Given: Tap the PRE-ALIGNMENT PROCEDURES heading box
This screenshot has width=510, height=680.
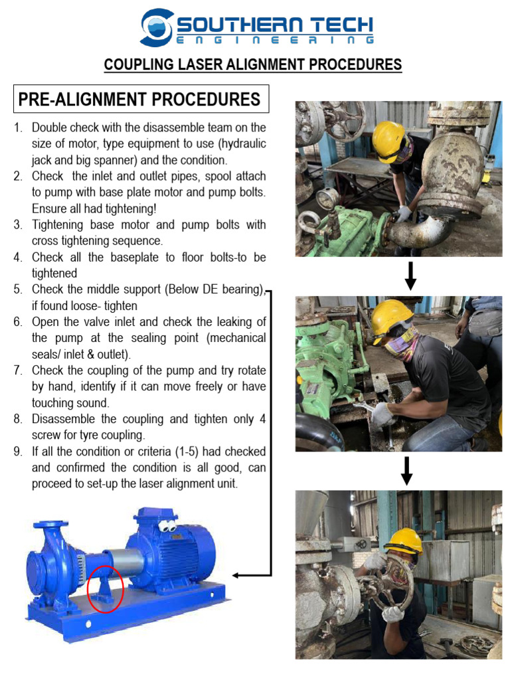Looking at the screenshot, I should coord(139,100).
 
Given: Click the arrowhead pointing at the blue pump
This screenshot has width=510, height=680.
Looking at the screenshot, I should coord(236,575).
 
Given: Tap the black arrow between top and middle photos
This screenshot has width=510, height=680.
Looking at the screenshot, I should coord(410,276).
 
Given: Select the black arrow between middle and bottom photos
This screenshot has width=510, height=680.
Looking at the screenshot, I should coord(408,470).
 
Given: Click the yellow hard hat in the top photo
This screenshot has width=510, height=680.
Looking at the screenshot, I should coord(388,140).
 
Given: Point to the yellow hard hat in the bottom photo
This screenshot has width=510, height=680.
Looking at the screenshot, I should coord(404,541).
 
